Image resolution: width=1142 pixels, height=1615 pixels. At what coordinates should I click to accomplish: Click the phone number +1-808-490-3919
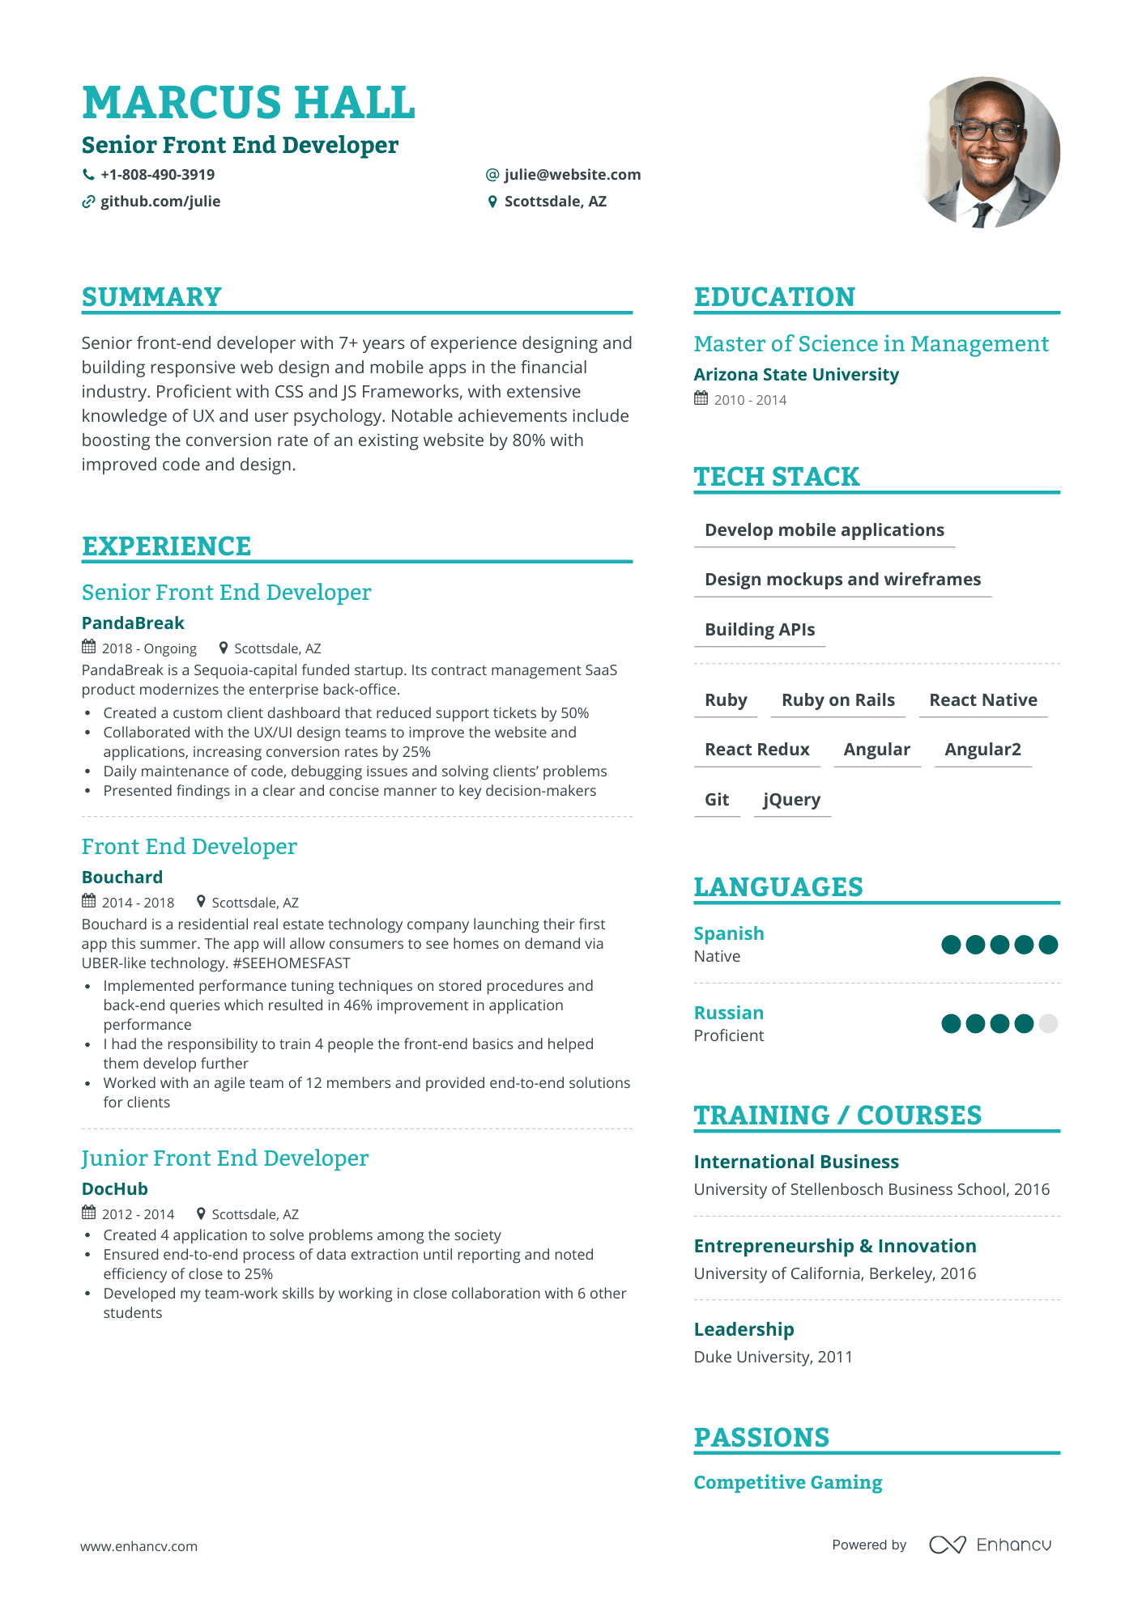[157, 175]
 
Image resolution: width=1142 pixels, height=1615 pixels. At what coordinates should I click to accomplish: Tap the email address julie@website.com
[572, 175]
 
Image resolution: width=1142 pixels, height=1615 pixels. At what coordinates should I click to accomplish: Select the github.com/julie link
[160, 202]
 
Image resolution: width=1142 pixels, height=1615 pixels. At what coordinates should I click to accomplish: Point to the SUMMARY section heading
[151, 297]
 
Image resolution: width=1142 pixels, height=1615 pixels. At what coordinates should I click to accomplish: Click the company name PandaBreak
[133, 623]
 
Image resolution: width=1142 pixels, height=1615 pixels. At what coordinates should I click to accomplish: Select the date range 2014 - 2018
[138, 903]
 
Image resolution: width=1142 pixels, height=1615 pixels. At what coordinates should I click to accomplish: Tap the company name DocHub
[115, 1189]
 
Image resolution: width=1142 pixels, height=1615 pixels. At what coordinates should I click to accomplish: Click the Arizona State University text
[796, 375]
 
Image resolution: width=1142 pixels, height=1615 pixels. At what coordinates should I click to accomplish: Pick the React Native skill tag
[982, 700]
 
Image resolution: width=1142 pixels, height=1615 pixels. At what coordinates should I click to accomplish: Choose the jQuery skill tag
[791, 800]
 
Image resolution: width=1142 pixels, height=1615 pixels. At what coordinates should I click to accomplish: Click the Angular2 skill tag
[982, 750]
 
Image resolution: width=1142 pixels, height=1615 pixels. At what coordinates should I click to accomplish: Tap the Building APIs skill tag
[760, 630]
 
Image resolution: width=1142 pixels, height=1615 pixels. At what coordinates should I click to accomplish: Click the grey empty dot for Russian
[1048, 1024]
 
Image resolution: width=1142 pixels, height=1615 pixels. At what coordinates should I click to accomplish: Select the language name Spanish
[729, 934]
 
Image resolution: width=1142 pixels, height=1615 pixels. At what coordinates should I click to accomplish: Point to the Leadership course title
[744, 1329]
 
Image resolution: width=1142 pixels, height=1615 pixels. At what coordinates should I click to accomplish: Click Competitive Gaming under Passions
[787, 1482]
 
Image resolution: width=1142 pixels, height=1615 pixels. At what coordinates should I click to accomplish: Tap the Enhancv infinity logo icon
[947, 1545]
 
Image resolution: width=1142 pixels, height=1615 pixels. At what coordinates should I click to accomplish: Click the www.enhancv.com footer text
[138, 1546]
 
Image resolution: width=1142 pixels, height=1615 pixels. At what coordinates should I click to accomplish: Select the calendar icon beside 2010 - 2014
[701, 398]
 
